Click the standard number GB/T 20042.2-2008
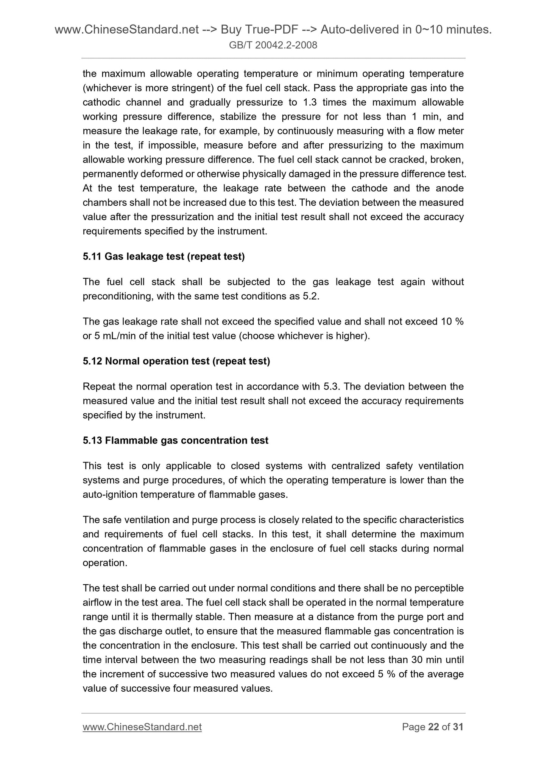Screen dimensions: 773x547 (x=273, y=46)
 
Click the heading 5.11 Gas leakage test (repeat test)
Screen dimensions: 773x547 (x=164, y=257)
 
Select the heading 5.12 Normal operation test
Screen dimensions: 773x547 (x=176, y=361)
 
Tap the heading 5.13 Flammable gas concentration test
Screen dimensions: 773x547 (x=175, y=441)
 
